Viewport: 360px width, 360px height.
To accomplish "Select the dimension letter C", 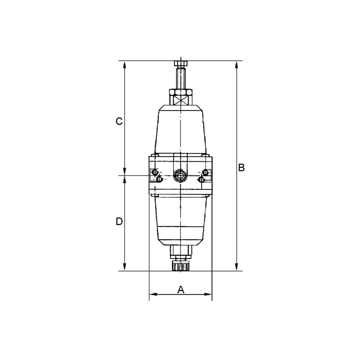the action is pyautogui.click(x=119, y=121).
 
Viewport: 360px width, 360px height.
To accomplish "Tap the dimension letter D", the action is pyautogui.click(x=119, y=222).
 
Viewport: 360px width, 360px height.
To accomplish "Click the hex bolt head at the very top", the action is pyautogui.click(x=181, y=63).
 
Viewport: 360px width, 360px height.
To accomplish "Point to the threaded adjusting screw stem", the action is pyautogui.click(x=181, y=77).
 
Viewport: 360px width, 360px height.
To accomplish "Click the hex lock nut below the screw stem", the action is pyautogui.click(x=181, y=92).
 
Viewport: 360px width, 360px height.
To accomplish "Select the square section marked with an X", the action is pyautogui.click(x=181, y=100).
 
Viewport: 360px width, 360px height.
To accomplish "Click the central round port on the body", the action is pyautogui.click(x=180, y=175).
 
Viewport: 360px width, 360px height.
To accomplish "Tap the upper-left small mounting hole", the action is pyautogui.click(x=155, y=172).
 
